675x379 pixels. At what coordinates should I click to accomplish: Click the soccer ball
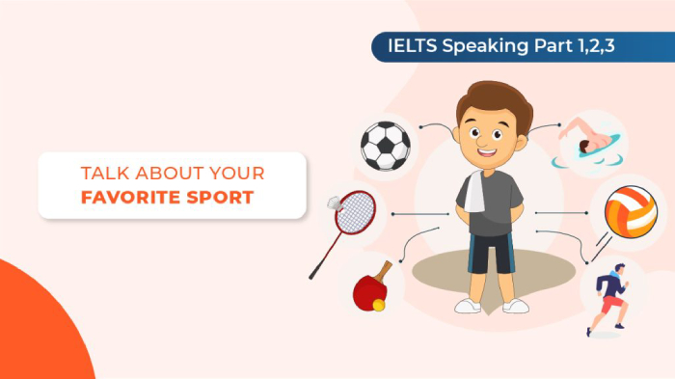385,145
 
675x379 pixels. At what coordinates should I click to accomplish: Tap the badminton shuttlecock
335,203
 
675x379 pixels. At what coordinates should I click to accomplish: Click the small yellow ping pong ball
378,305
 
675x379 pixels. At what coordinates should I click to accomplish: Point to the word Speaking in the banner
485,45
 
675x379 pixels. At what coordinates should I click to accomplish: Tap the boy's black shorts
491,252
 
